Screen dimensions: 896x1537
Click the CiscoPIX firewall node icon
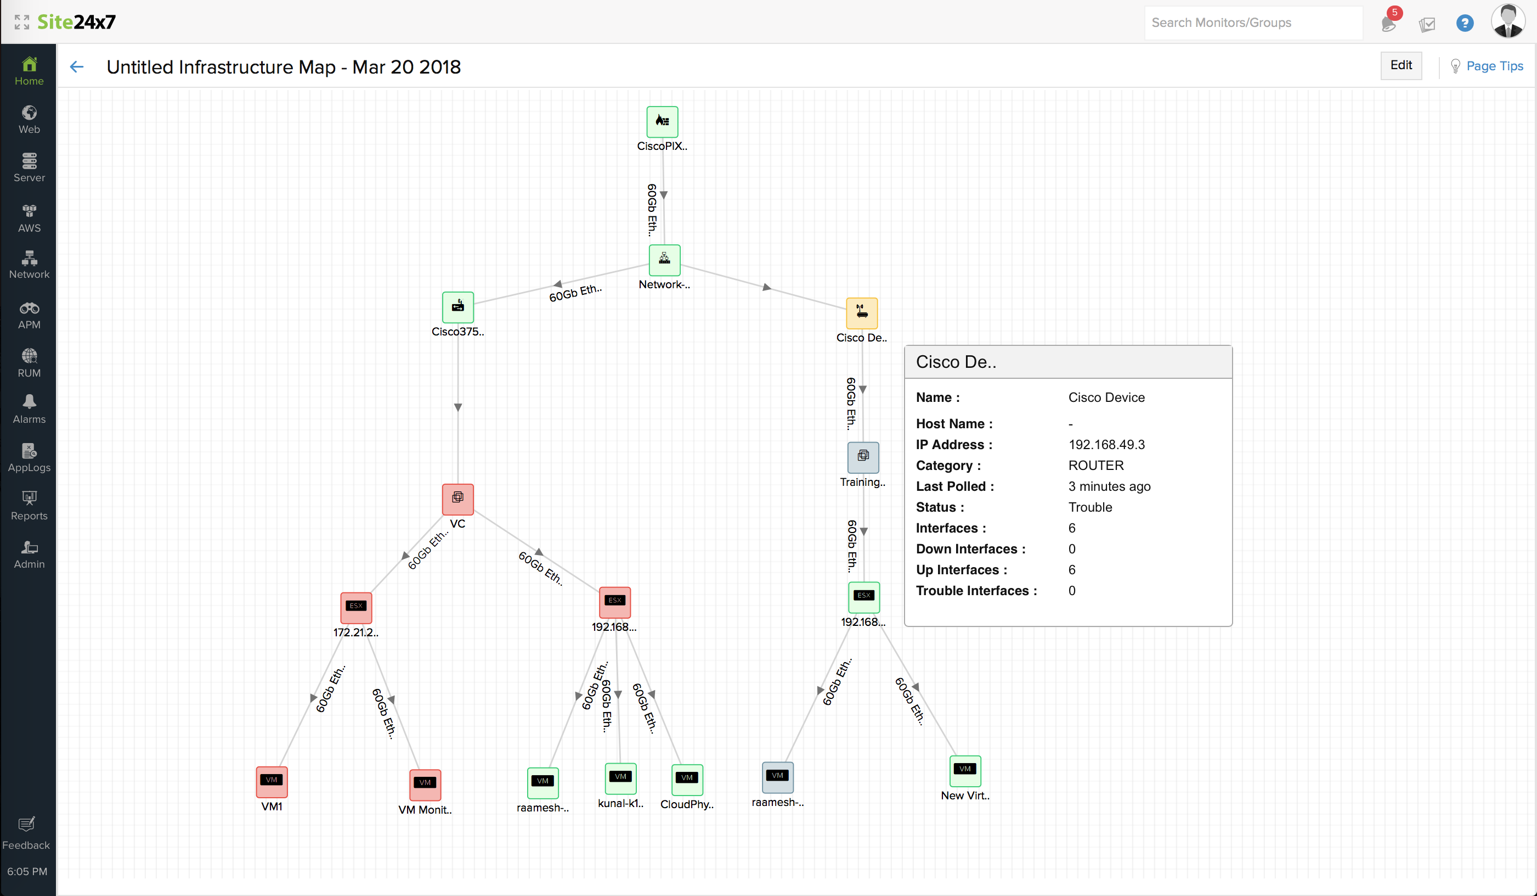[662, 121]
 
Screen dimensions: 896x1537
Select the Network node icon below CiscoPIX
[664, 259]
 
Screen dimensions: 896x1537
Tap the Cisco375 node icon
[457, 306]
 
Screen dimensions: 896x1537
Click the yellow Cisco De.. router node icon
[861, 312]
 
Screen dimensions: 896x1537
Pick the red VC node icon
[457, 498]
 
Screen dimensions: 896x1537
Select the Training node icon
[862, 457]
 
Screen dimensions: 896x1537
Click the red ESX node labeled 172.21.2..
[355, 607]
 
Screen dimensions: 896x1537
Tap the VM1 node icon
[272, 781]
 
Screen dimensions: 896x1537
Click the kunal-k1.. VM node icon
[620, 777]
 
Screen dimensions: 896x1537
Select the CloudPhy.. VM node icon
[687, 779]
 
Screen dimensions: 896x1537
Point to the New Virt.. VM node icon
[965, 770]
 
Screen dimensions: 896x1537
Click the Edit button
[1400, 65]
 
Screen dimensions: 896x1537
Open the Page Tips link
[1494, 66]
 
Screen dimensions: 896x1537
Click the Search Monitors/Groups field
[1253, 23]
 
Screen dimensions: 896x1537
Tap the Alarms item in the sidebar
[29, 408]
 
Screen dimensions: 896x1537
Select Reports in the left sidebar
[29, 506]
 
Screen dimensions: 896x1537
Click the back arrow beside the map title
[77, 66]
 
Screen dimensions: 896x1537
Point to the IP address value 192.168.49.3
[1106, 444]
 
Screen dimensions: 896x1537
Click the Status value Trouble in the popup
[1089, 507]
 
